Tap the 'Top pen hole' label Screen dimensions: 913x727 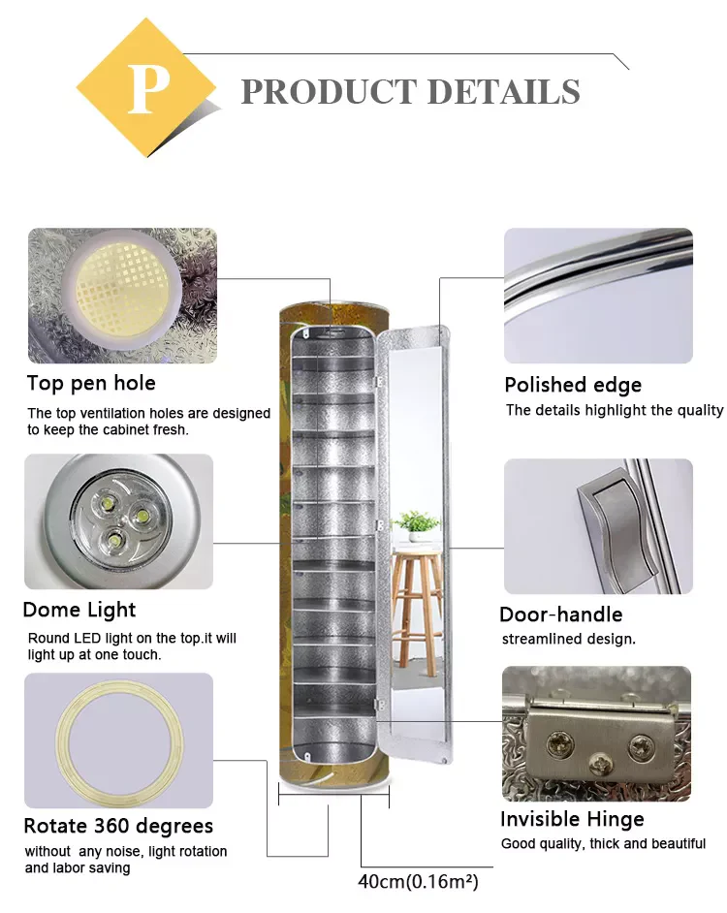(x=91, y=383)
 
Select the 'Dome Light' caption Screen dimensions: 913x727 (x=79, y=610)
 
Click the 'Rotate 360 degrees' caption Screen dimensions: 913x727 (x=118, y=827)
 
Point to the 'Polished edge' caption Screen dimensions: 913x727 (x=573, y=385)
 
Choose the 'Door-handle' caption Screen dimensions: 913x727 (x=560, y=614)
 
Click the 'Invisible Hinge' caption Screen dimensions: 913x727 (x=572, y=819)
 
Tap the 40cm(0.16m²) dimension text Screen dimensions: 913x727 (x=418, y=882)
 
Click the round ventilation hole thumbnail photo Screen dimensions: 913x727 (x=122, y=295)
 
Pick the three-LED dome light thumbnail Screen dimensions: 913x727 (x=118, y=521)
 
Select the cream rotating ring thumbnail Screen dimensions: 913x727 (x=118, y=740)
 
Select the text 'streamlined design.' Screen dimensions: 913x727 (x=568, y=640)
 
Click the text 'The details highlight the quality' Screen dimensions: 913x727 (x=615, y=410)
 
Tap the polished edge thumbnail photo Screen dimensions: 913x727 (x=598, y=296)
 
